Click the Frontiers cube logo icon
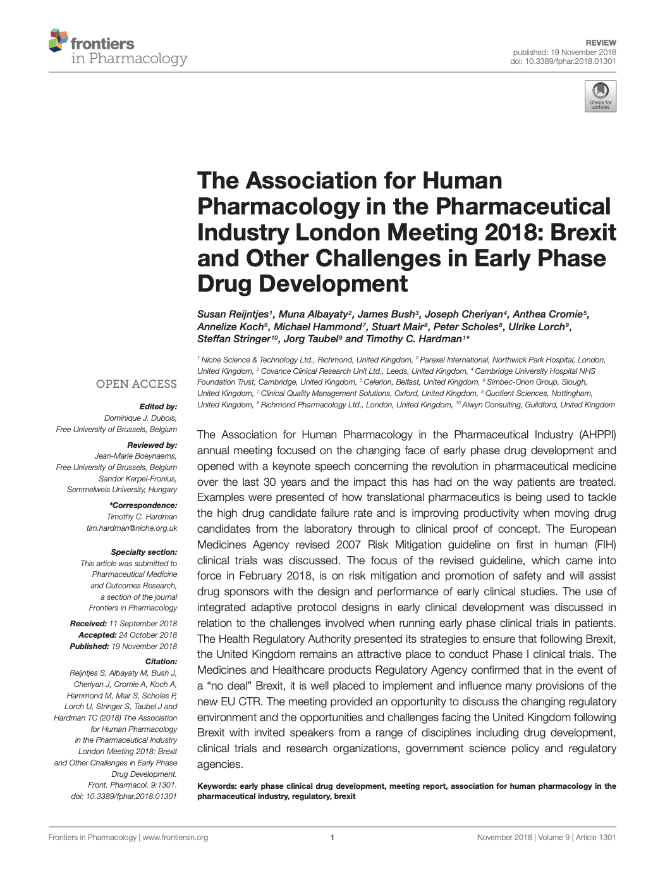[58, 40]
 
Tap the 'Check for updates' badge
[600, 96]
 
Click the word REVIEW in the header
[601, 42]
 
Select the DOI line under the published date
[563, 61]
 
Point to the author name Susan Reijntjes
[233, 314]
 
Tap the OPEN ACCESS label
[136, 384]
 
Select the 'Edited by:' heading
[157, 407]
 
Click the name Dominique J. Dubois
[140, 418]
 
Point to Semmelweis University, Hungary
[122, 490]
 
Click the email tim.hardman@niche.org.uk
[131, 528]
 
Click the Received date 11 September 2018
[143, 624]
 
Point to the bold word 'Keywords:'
[217, 786]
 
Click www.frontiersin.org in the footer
[175, 838]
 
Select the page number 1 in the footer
[332, 838]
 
